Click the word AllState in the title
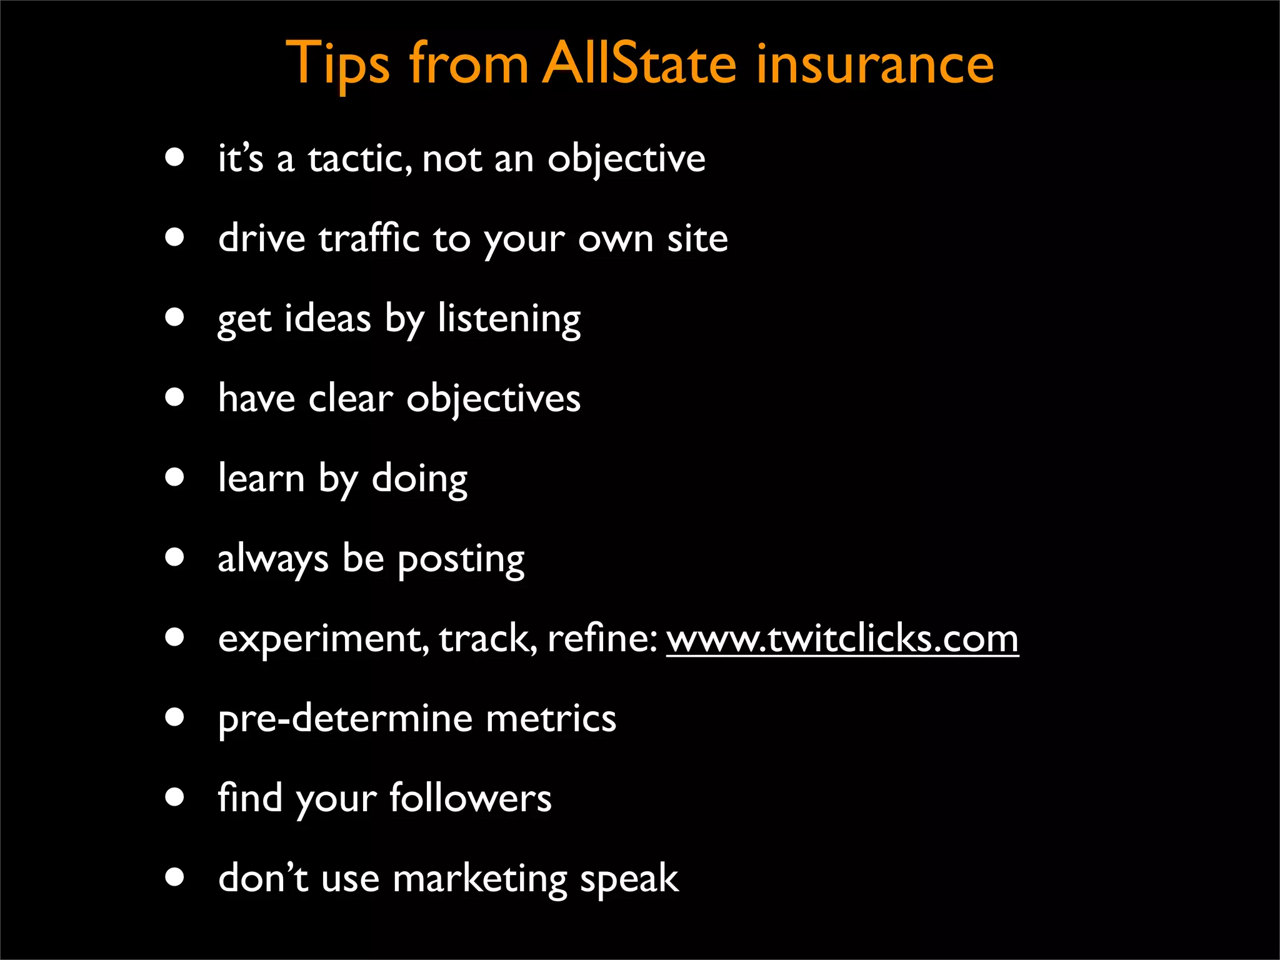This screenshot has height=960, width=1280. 639,64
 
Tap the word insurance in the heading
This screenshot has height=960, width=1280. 875,64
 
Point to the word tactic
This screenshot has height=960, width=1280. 360,159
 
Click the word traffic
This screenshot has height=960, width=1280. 369,239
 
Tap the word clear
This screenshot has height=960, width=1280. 351,399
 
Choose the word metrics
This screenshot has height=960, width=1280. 551,719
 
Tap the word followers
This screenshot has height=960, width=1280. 471,799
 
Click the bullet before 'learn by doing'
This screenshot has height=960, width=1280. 175,477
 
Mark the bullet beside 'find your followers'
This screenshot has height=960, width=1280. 175,797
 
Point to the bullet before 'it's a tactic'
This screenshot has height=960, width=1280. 175,157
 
